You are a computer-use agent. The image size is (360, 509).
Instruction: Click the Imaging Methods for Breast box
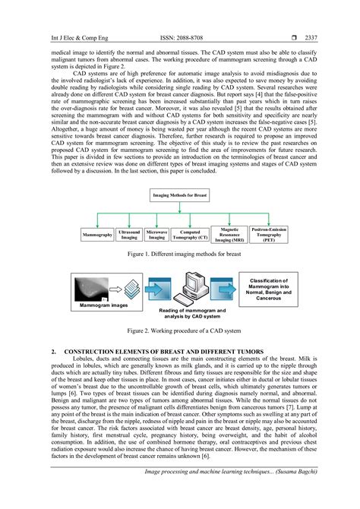(179, 196)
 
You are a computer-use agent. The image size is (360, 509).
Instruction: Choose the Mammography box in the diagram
(97, 236)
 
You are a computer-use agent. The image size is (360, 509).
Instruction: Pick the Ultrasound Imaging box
(129, 236)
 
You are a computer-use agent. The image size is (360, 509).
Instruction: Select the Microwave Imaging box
(156, 236)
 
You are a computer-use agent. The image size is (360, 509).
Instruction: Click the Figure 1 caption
(179, 253)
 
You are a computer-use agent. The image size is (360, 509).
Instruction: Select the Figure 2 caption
(179, 331)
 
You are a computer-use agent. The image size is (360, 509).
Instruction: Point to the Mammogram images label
(96, 305)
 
